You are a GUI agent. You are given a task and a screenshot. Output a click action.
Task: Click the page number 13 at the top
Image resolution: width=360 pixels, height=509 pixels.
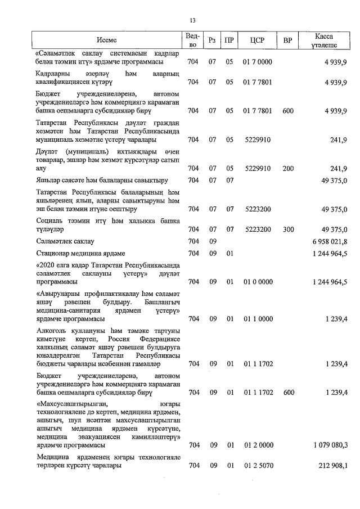click(193, 21)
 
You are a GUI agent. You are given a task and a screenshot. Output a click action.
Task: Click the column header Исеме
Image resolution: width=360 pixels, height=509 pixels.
click(106, 40)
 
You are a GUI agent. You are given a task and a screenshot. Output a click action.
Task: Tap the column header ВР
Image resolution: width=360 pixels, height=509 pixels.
click(288, 40)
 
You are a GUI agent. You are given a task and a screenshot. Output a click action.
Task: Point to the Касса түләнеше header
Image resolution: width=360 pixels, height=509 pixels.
click(326, 40)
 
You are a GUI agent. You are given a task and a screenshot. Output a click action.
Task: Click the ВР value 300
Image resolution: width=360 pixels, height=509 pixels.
click(288, 229)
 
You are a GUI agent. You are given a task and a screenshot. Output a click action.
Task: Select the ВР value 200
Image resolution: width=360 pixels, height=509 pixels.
click(288, 168)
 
